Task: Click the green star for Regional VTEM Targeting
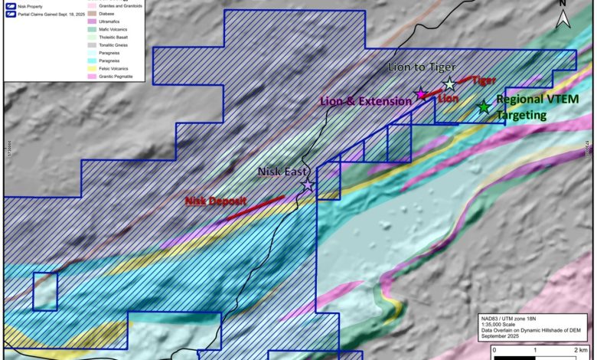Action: [x=483, y=107]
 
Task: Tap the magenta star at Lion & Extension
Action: [x=420, y=94]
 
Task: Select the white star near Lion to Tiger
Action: [x=449, y=84]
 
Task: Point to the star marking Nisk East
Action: [x=308, y=185]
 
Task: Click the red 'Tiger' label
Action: [x=484, y=80]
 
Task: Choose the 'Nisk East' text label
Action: [x=285, y=172]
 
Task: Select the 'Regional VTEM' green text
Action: [x=533, y=100]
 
